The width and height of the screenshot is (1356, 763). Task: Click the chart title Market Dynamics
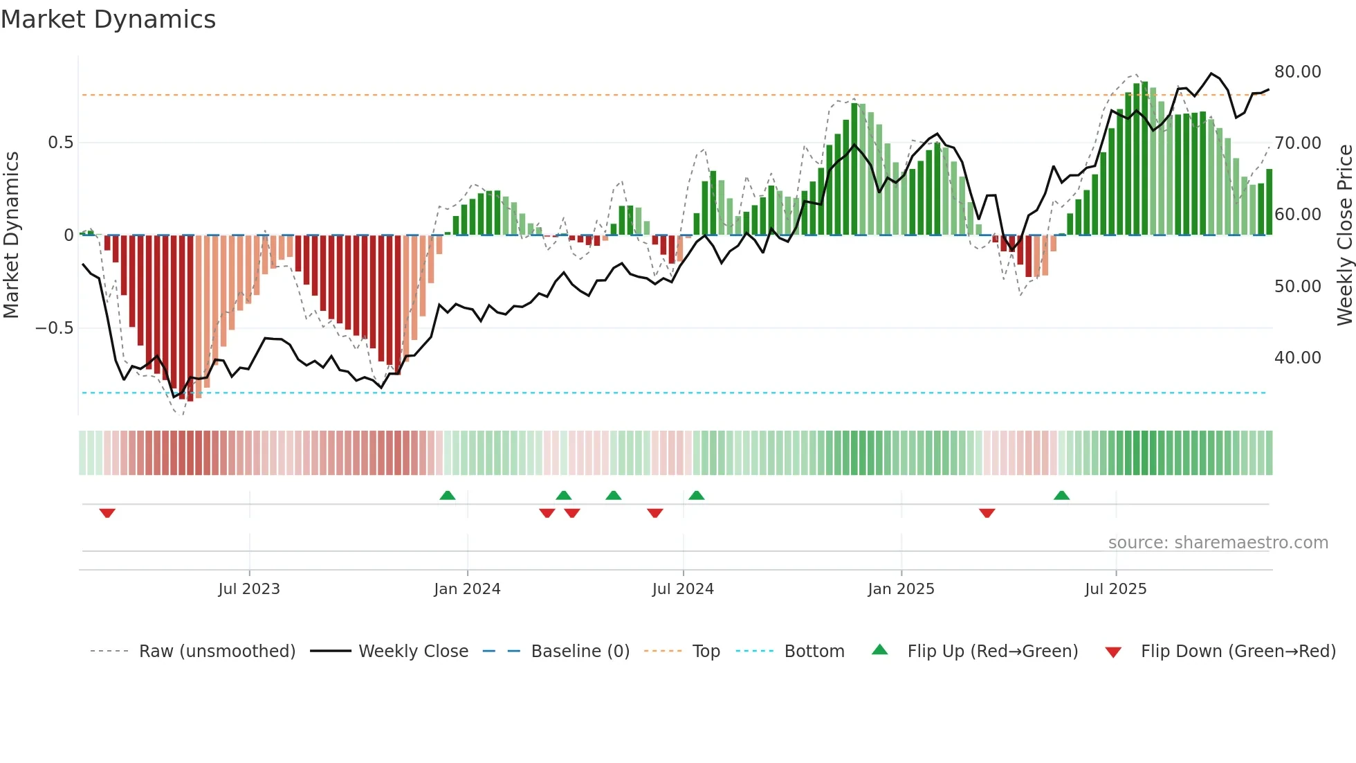point(108,19)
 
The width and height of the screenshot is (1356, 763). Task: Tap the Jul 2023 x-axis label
point(249,589)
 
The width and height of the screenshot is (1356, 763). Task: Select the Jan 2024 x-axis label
point(467,589)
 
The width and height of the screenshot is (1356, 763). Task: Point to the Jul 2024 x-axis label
point(683,589)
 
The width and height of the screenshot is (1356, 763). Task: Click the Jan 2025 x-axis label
point(901,589)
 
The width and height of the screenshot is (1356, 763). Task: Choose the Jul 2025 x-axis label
point(1115,589)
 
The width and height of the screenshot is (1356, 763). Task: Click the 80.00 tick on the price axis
point(1297,72)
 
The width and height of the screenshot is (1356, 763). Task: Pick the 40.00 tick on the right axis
point(1297,357)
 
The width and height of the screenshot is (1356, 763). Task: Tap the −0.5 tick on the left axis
point(54,328)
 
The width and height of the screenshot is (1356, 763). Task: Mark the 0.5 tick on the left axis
point(60,143)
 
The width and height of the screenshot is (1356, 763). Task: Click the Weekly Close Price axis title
point(1344,235)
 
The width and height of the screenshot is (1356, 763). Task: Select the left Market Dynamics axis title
point(11,235)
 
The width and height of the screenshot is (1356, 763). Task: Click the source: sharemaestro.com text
point(1218,542)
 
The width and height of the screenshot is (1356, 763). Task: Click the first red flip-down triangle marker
point(107,513)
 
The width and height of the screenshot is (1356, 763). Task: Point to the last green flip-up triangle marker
point(1061,495)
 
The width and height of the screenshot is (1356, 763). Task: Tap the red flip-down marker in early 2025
point(987,513)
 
